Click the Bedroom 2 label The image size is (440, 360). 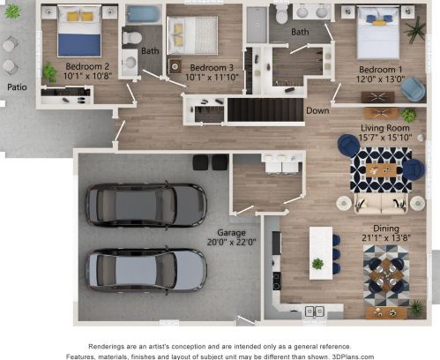[x=87, y=66]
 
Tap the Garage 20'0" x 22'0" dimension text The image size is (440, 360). [x=232, y=243]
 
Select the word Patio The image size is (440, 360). [x=17, y=87]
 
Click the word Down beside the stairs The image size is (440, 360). [x=317, y=110]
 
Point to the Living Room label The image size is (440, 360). [x=385, y=128]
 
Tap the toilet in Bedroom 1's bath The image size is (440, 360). [x=282, y=13]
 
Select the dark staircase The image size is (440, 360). [x=265, y=109]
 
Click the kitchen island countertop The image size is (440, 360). [x=321, y=253]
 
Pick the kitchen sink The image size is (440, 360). [x=314, y=311]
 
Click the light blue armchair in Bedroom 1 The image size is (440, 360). [x=414, y=89]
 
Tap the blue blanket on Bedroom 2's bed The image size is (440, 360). [x=79, y=45]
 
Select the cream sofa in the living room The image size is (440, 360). [x=381, y=203]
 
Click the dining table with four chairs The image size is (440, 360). [x=386, y=275]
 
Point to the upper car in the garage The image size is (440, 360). [x=146, y=206]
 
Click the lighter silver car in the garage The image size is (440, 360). [x=146, y=271]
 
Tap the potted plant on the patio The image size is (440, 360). [x=12, y=11]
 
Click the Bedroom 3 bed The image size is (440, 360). [x=192, y=35]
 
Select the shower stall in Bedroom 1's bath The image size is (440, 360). [x=257, y=25]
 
